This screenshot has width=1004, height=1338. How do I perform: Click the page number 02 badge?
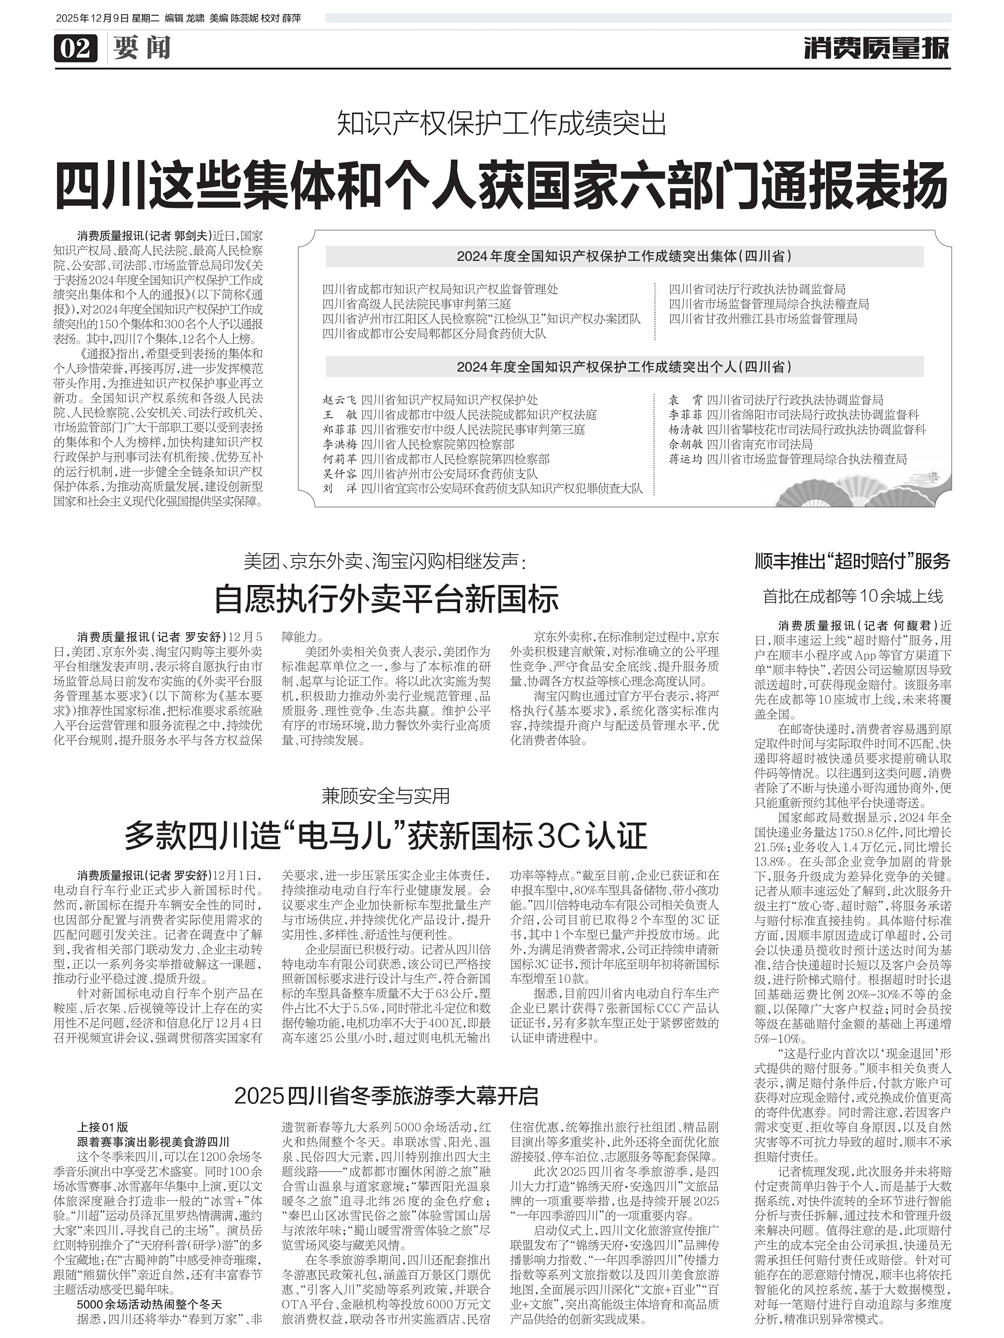click(76, 47)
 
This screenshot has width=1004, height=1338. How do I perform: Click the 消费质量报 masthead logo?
click(876, 47)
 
